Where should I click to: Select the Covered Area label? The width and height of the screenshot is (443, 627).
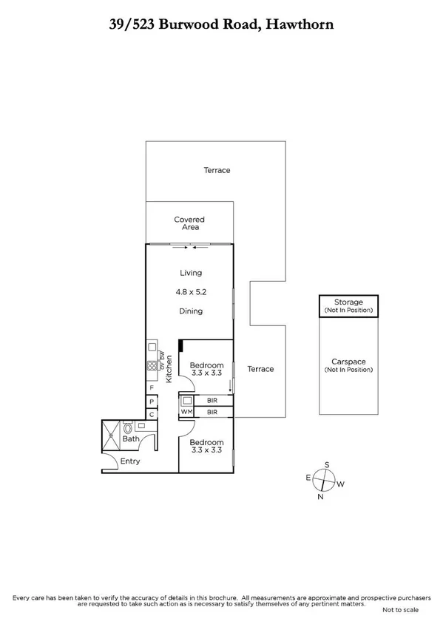pyautogui.click(x=189, y=223)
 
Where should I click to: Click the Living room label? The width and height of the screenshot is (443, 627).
pyautogui.click(x=191, y=273)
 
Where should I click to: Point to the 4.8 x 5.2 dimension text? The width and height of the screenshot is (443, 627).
pyautogui.click(x=191, y=292)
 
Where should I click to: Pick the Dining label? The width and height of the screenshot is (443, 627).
pyautogui.click(x=191, y=311)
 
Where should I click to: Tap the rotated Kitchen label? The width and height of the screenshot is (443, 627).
pyautogui.click(x=169, y=368)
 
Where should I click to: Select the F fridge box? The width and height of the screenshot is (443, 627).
pyautogui.click(x=152, y=388)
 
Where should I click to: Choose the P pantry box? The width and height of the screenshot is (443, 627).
pyautogui.click(x=152, y=401)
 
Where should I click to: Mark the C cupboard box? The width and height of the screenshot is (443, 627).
pyautogui.click(x=152, y=415)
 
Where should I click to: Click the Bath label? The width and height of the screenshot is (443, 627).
pyautogui.click(x=131, y=439)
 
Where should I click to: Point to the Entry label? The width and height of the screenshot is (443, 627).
pyautogui.click(x=130, y=461)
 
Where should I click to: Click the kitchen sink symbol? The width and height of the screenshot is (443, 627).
pyautogui.click(x=152, y=346)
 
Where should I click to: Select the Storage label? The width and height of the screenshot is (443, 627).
pyautogui.click(x=348, y=302)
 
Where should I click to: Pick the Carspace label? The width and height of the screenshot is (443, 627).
pyautogui.click(x=348, y=362)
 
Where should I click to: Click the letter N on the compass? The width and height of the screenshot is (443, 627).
pyautogui.click(x=320, y=497)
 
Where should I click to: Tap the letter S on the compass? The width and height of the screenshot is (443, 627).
pyautogui.click(x=327, y=465)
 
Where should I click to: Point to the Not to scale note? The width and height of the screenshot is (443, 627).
pyautogui.click(x=400, y=610)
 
